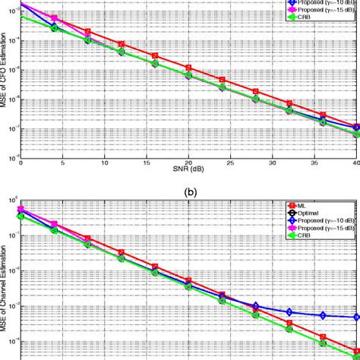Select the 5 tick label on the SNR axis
(63, 162)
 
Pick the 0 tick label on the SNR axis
(21, 162)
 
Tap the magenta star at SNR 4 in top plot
(54, 17)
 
